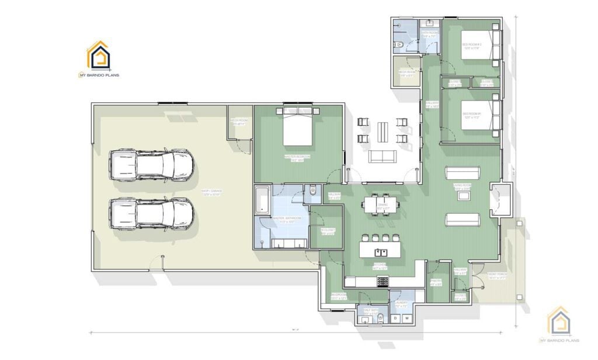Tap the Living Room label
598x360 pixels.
(x=463, y=187)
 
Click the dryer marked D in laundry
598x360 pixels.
(x=396, y=318)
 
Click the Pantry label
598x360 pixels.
(x=436, y=282)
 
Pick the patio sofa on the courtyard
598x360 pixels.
(x=382, y=156)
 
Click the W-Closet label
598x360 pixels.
(x=327, y=230)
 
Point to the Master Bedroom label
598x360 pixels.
(x=298, y=157)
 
